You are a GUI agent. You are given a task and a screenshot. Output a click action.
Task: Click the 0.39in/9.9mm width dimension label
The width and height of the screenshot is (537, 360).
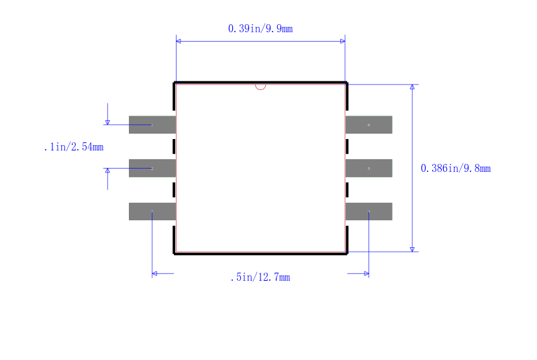pos(260,28)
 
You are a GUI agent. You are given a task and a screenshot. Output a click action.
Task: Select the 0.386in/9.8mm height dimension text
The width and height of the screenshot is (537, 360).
pos(456,168)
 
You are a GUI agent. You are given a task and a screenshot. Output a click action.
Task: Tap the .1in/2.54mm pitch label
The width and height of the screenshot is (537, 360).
pos(74,147)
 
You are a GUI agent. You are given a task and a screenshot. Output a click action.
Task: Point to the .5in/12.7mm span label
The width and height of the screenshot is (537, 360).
pos(260,277)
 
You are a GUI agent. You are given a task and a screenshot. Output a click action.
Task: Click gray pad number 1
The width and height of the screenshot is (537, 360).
pos(152,125)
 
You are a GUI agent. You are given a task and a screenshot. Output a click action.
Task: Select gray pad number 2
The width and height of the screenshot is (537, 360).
pos(152,168)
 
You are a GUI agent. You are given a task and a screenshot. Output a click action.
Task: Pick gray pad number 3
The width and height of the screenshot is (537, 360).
pos(152,212)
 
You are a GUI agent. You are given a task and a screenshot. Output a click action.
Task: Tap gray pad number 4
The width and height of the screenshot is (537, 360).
pos(369,212)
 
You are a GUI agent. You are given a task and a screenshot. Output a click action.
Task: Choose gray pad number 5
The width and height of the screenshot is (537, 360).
pos(369,168)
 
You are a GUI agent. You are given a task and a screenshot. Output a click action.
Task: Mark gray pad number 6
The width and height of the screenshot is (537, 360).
pos(369,125)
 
